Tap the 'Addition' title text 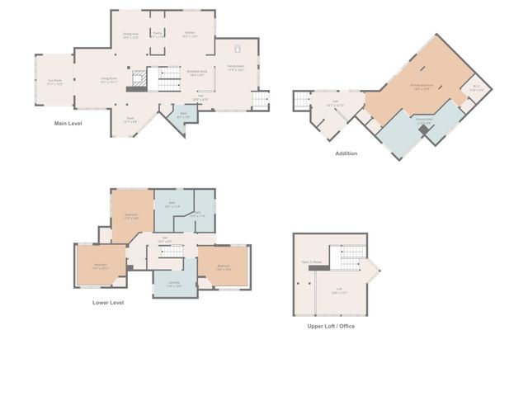click(x=346, y=153)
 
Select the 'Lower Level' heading click(x=108, y=303)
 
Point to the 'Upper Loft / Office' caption click(x=330, y=326)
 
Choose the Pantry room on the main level click(x=158, y=35)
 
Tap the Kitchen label click(x=190, y=35)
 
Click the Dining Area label click(x=131, y=35)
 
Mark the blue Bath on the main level click(x=183, y=115)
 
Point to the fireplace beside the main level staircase click(x=141, y=78)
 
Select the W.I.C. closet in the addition click(x=476, y=88)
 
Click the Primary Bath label click(x=424, y=121)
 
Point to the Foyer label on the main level click(x=130, y=119)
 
